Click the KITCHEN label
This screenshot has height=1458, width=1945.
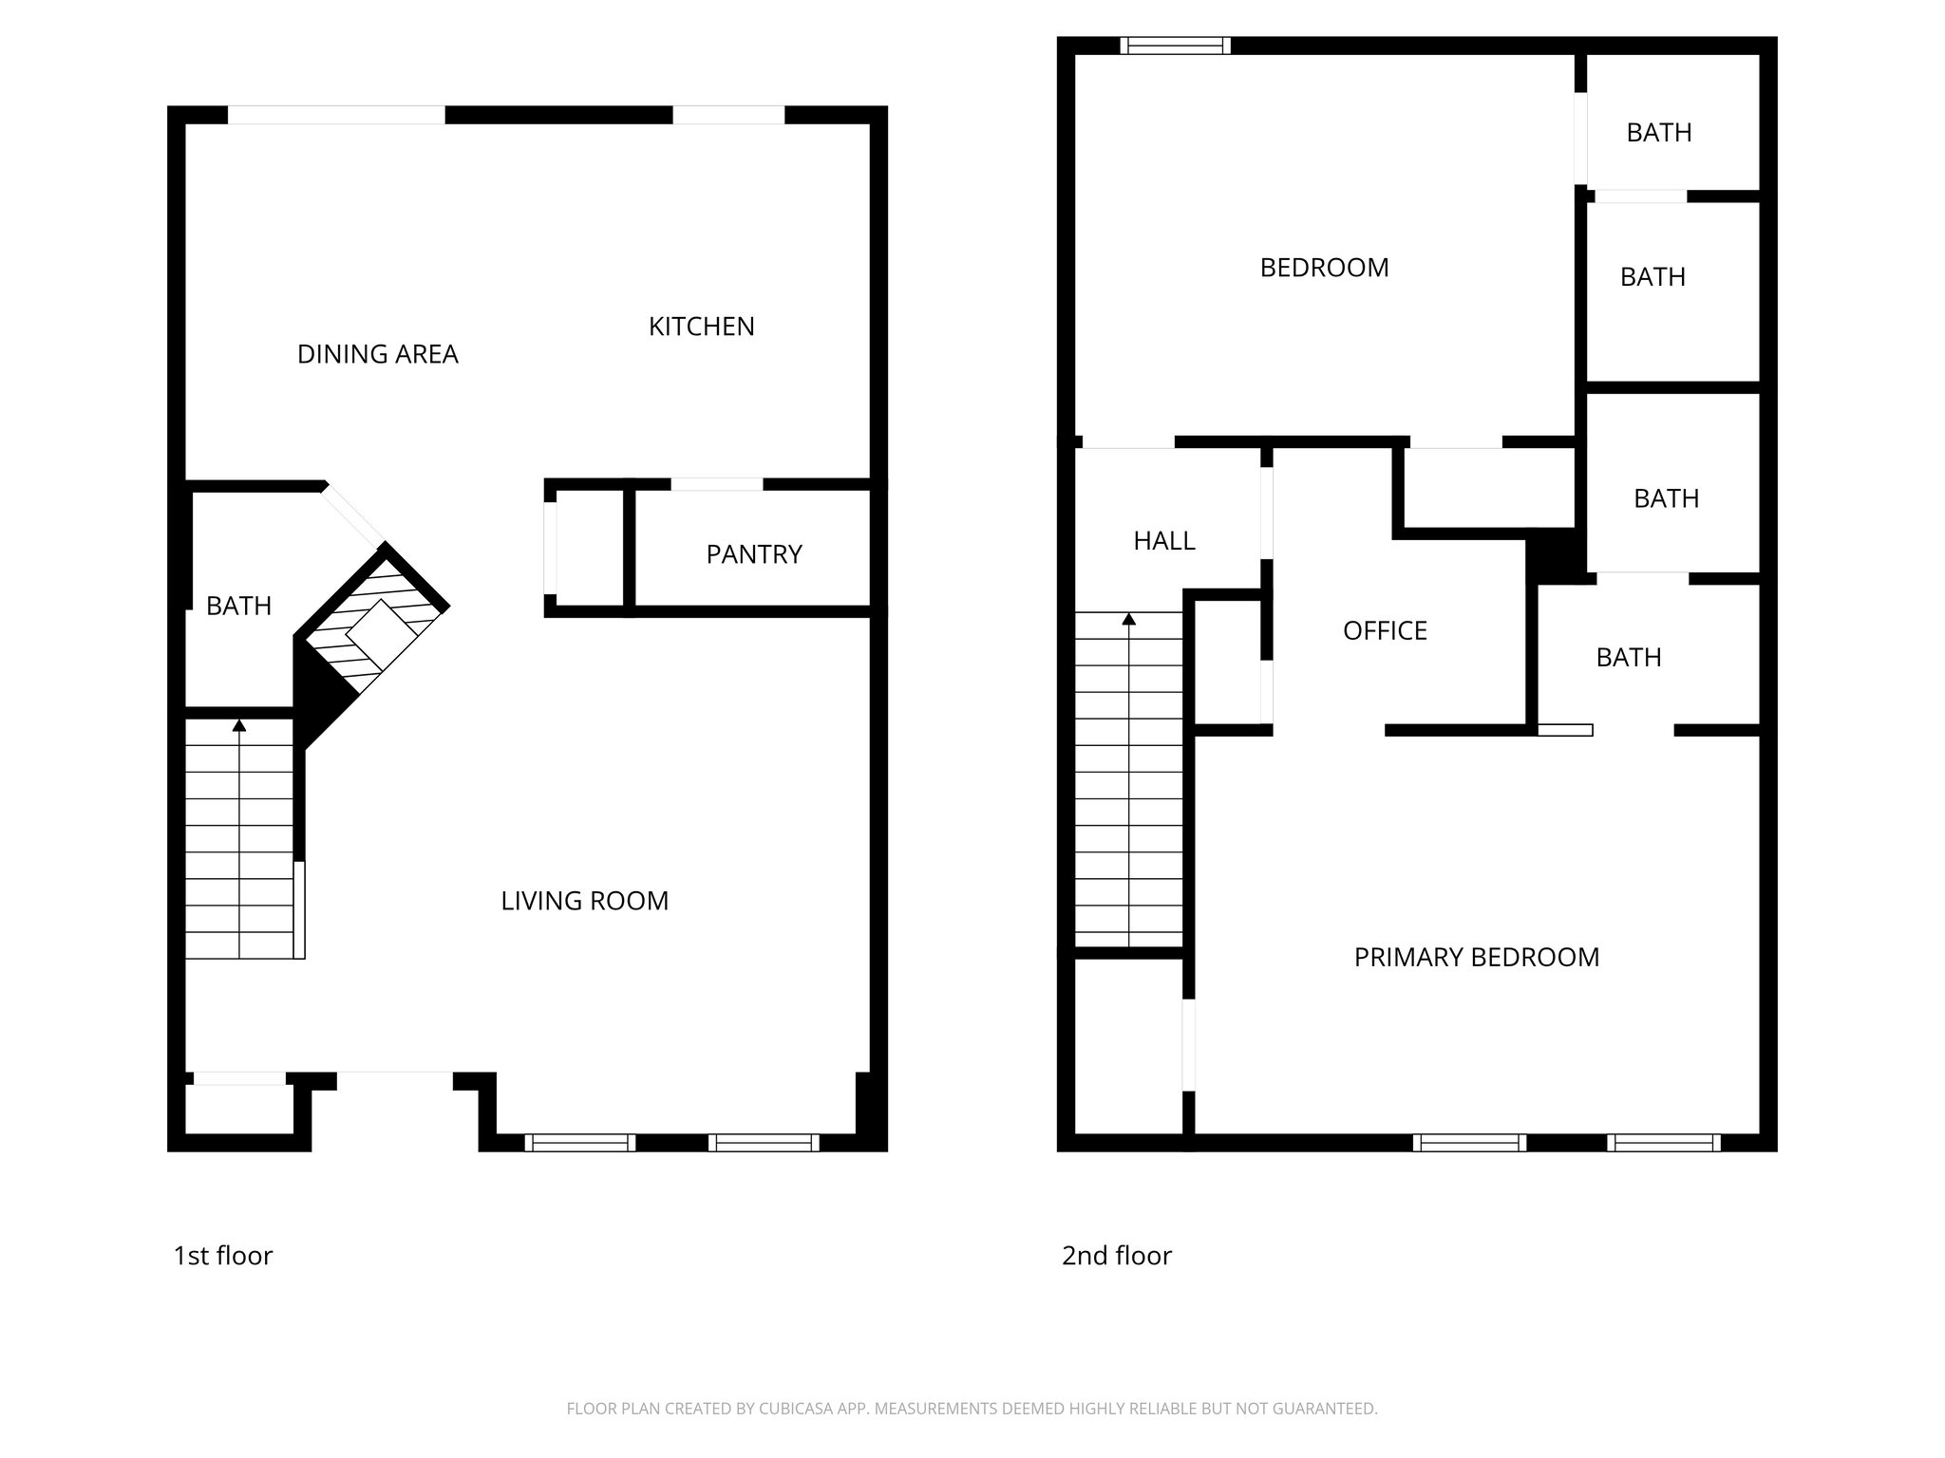(701, 327)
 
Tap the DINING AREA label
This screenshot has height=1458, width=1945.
(377, 354)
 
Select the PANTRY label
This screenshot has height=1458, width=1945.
(754, 554)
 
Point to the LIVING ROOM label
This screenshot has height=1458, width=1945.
(584, 901)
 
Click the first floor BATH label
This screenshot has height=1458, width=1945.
(238, 606)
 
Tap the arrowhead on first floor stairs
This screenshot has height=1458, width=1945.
(239, 726)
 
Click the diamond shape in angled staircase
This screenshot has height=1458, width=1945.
(382, 635)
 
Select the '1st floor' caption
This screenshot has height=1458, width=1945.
(222, 1256)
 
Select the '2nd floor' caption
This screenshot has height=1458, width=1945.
(1116, 1256)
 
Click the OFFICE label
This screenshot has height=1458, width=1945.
(1385, 631)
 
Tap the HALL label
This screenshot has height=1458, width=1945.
(1163, 541)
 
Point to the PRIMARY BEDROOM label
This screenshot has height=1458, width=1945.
(1476, 958)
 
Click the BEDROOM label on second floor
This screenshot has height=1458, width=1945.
(1324, 268)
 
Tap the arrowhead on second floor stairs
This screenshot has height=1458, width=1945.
(1128, 620)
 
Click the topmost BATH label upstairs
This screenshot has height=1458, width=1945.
(1658, 133)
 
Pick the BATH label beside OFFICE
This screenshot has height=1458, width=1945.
(1628, 658)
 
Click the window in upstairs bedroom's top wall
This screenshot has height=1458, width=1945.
(1175, 46)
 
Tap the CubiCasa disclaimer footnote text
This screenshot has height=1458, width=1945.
(972, 1409)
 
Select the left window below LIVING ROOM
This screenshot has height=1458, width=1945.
(579, 1143)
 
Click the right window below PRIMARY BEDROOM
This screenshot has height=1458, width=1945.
(1663, 1143)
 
